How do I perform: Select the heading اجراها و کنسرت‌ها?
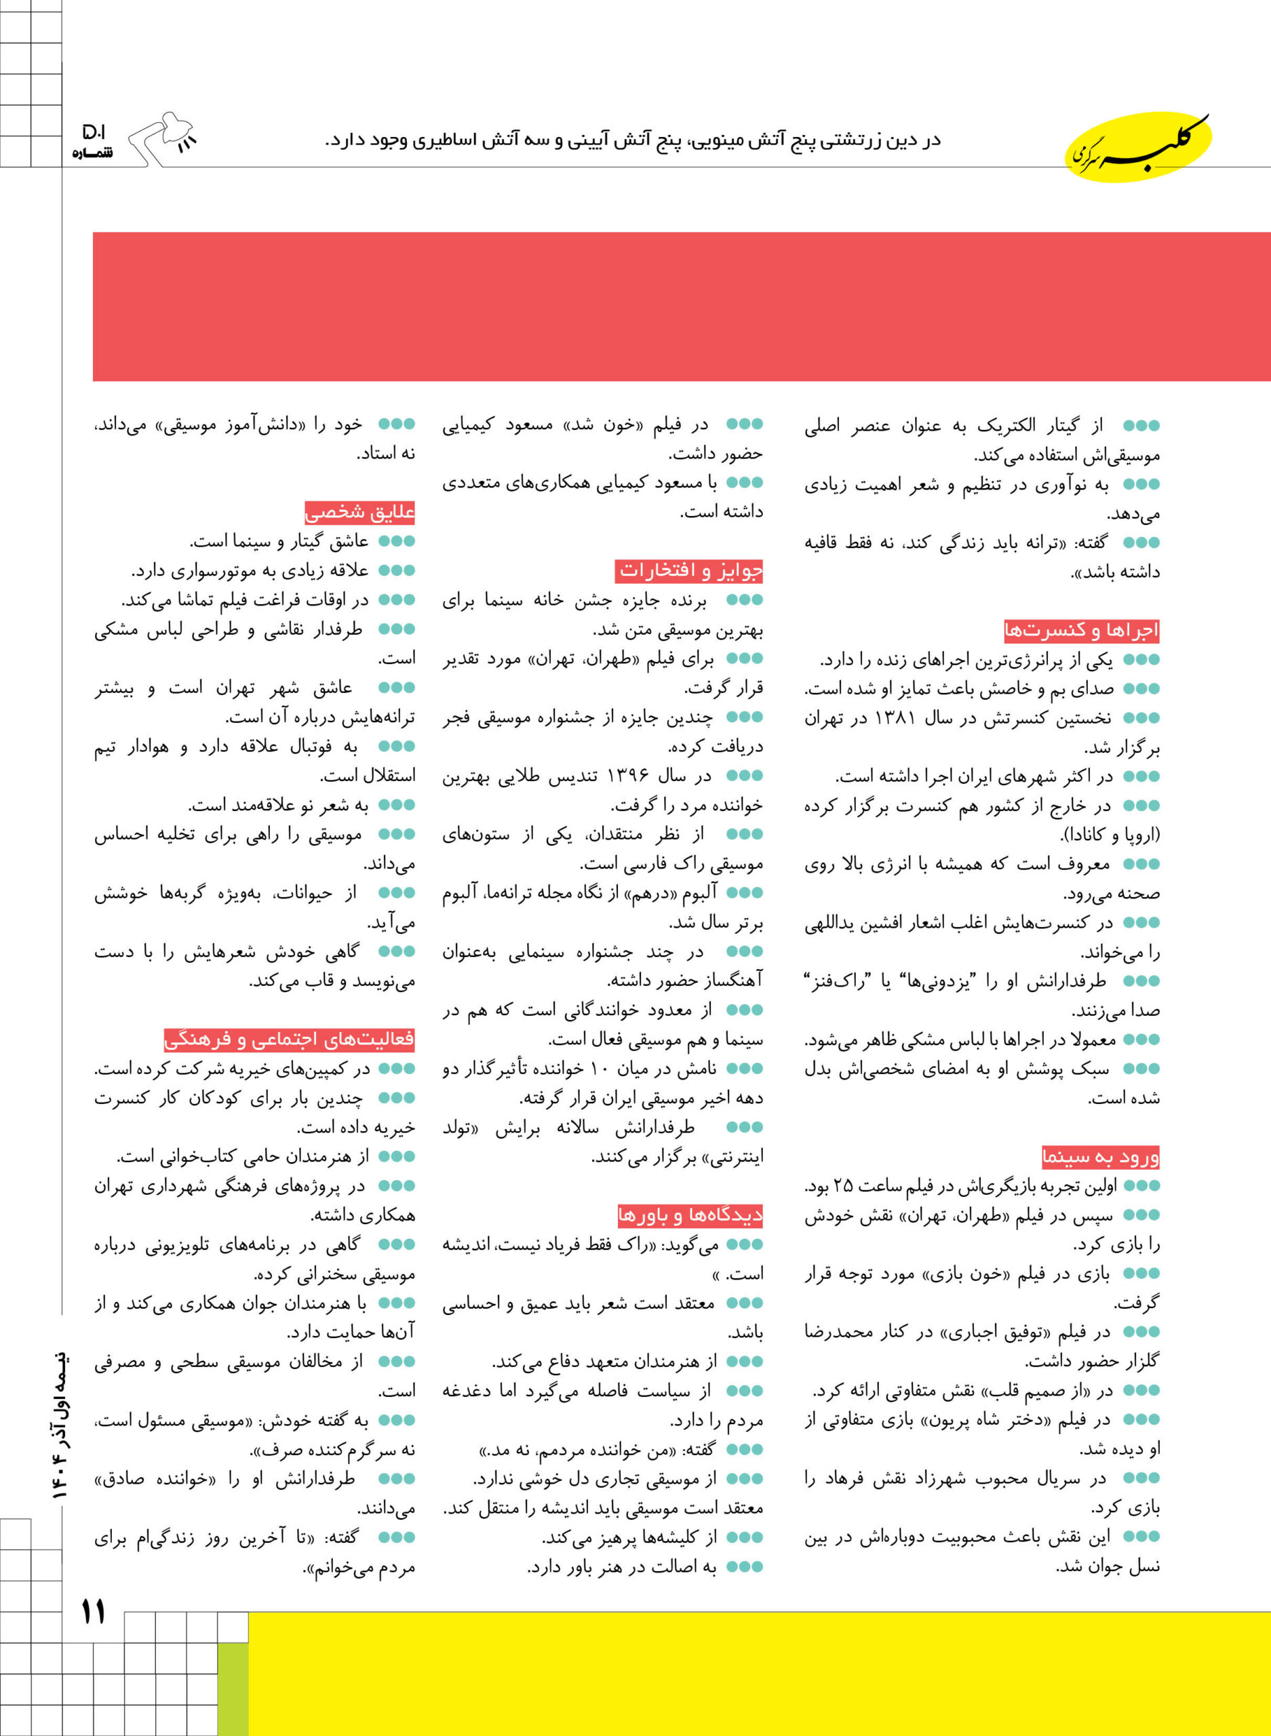coord(1081,631)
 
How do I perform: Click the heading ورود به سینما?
coord(1100,1156)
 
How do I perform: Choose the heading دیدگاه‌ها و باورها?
coord(690,1215)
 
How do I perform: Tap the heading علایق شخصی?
coord(359,511)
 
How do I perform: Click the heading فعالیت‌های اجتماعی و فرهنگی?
coord(290,1039)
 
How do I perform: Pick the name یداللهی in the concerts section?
coord(829,924)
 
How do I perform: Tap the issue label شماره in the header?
coord(92,153)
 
